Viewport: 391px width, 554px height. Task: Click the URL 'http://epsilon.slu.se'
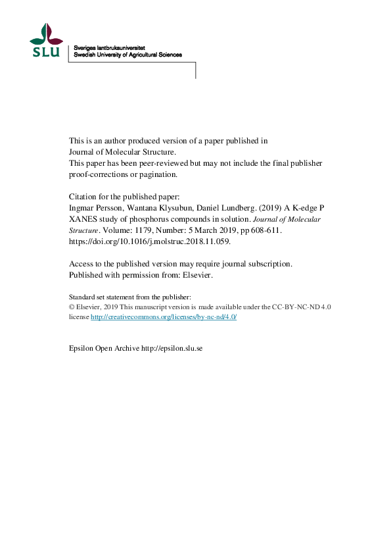coord(172,347)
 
